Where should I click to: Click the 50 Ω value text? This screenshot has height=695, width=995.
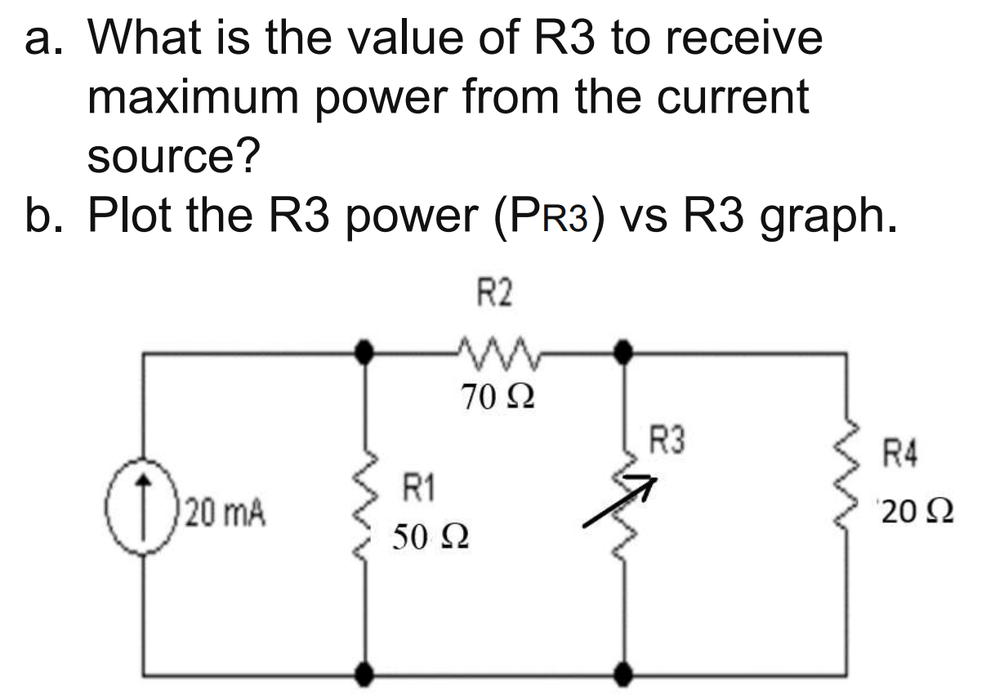(x=430, y=538)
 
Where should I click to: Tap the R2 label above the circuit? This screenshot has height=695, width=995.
(x=495, y=293)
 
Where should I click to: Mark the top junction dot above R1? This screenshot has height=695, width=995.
(x=368, y=353)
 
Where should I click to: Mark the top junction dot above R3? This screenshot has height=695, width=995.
(x=625, y=353)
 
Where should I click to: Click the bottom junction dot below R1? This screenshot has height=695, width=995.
(x=368, y=674)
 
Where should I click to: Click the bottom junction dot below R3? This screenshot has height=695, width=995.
(x=625, y=674)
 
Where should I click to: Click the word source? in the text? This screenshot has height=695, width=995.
(x=173, y=155)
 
